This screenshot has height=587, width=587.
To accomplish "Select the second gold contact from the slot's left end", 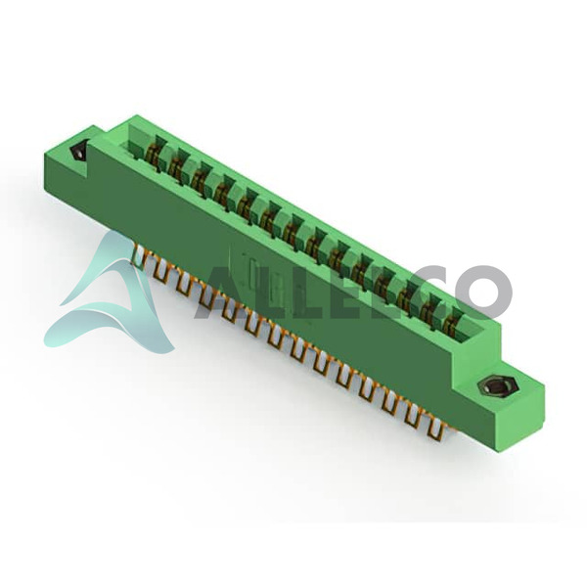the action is pyautogui.click(x=174, y=167).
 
